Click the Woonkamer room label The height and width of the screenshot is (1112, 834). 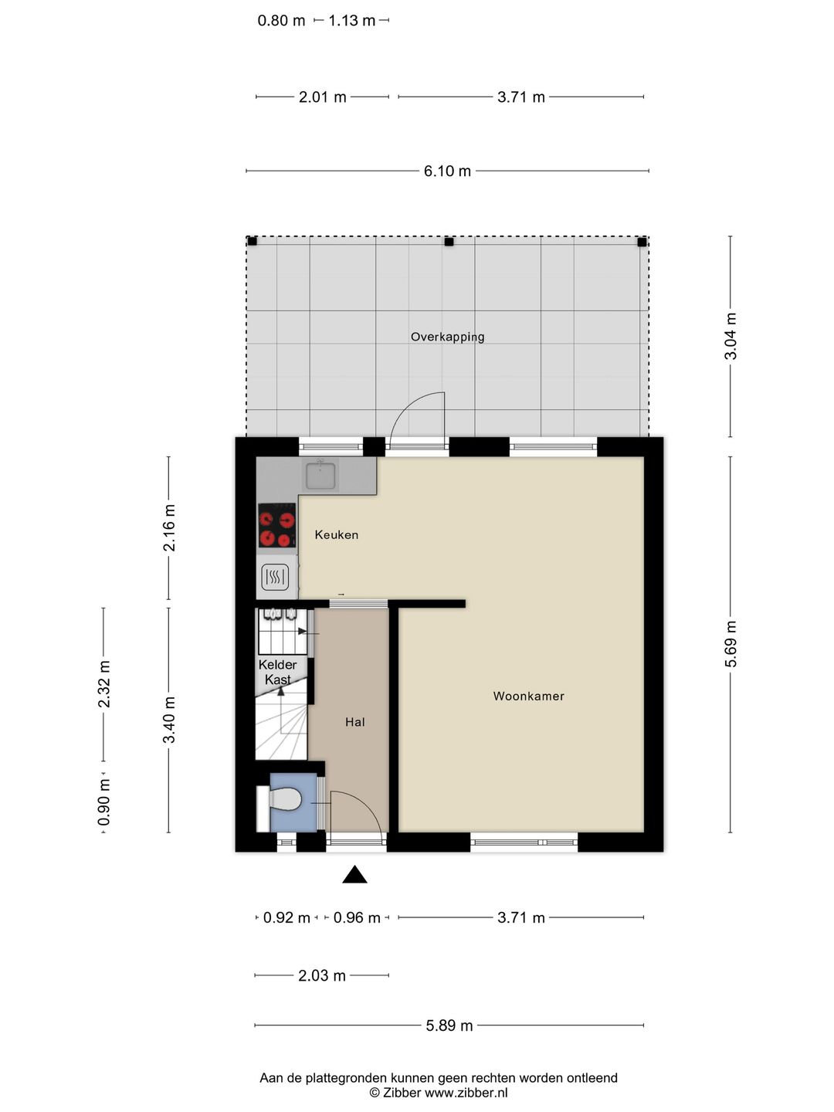[529, 696]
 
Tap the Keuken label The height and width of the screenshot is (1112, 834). [336, 534]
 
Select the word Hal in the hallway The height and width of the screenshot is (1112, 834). [355, 722]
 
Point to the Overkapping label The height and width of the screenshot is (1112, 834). [448, 337]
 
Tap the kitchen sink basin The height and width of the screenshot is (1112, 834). [320, 476]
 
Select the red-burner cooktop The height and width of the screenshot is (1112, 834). [277, 525]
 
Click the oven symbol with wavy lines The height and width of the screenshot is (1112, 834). [275, 577]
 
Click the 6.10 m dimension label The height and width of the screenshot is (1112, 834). [448, 171]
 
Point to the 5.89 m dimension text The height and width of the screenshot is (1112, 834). [449, 1026]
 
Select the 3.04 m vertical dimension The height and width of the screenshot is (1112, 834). [731, 337]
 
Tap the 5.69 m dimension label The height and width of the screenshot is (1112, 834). [731, 644]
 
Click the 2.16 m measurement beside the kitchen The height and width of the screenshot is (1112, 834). [169, 528]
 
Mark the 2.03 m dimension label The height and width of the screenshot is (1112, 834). [322, 976]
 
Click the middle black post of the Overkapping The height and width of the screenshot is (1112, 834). [449, 242]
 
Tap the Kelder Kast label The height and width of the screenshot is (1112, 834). [277, 672]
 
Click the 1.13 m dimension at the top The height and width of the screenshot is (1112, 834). [352, 21]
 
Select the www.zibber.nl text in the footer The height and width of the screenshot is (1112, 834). [466, 1093]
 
